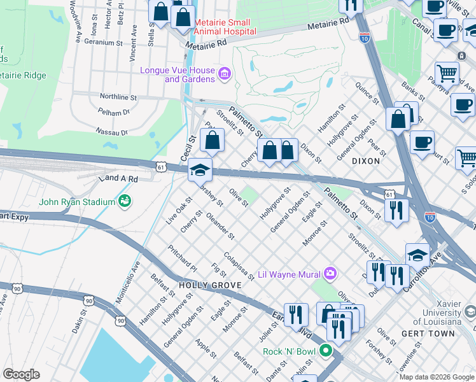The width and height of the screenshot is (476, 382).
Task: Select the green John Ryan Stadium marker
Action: click(x=125, y=202)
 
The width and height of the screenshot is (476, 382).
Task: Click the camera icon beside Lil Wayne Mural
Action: click(x=330, y=274)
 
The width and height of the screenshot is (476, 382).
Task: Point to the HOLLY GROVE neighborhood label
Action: click(x=205, y=286)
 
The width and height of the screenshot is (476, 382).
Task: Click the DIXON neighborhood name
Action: click(x=365, y=161)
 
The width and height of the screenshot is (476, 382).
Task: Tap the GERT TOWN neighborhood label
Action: click(x=428, y=334)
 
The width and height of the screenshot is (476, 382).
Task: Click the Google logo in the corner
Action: click(x=21, y=374)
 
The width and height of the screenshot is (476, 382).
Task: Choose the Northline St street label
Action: click(x=118, y=97)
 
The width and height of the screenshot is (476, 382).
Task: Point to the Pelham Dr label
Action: click(x=114, y=112)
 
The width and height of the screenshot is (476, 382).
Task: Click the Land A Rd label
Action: click(x=118, y=180)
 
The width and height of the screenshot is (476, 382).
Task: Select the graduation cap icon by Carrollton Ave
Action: click(x=417, y=255)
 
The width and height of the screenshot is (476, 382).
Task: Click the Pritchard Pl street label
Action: click(x=182, y=255)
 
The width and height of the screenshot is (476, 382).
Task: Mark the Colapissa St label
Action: click(x=239, y=267)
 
